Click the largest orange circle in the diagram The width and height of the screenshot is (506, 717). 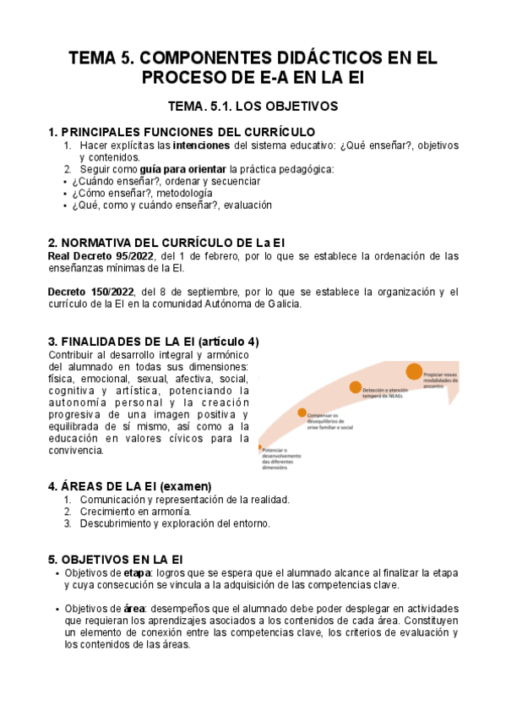[x=414, y=370]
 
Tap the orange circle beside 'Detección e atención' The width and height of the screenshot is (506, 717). [x=356, y=387]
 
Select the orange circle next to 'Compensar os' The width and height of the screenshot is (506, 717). [x=302, y=413]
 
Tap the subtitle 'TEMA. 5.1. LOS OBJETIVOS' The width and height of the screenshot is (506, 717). [x=253, y=107]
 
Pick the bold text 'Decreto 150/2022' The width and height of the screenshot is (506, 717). [x=91, y=292]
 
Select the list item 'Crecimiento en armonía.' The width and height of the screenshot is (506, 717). [x=135, y=512]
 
